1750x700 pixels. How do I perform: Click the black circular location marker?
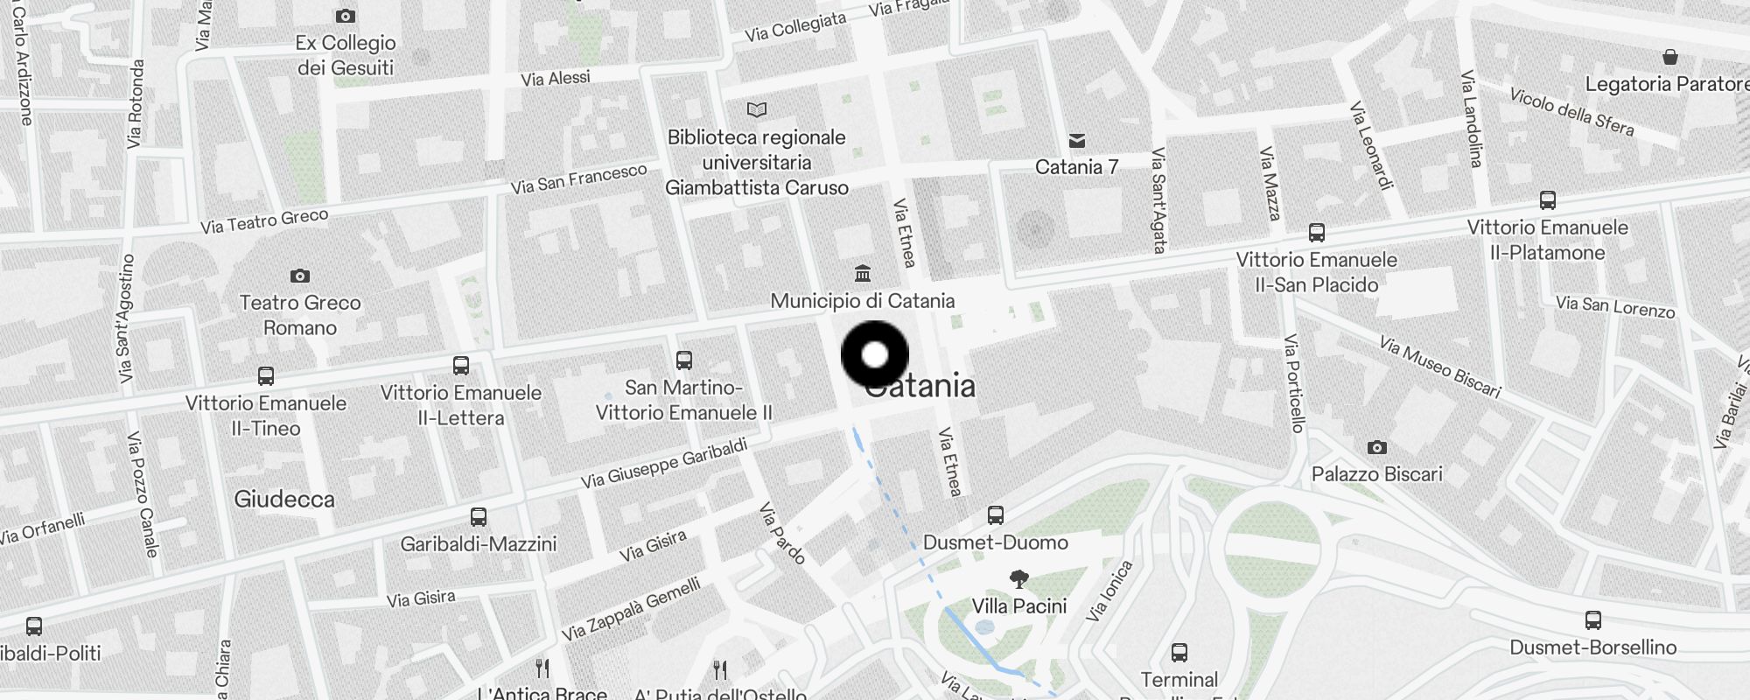click(x=875, y=355)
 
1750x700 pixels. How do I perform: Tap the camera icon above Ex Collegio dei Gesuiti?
click(x=346, y=16)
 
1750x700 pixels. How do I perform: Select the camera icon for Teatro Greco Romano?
click(x=300, y=276)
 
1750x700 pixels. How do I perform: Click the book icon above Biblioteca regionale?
click(x=757, y=109)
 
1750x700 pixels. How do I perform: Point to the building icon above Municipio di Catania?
click(x=863, y=273)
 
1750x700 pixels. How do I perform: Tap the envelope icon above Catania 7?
click(x=1077, y=141)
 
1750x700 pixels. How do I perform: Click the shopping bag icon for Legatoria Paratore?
click(x=1670, y=57)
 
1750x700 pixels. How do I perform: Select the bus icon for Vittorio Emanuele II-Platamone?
click(x=1548, y=200)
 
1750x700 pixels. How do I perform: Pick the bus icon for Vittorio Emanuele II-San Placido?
click(x=1317, y=233)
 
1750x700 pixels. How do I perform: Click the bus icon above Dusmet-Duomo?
click(x=996, y=514)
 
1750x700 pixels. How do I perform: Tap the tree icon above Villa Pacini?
click(x=1019, y=578)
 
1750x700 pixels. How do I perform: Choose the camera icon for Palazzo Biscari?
click(x=1376, y=447)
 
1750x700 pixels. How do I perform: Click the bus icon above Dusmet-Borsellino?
click(x=1593, y=620)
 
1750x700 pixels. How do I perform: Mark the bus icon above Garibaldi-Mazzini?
click(x=479, y=516)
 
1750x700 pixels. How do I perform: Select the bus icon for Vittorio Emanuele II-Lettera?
click(x=461, y=365)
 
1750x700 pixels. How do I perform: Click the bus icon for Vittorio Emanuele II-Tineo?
click(x=266, y=376)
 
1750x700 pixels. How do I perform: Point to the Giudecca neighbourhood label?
click(x=284, y=500)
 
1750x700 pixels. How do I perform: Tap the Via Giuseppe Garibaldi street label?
click(x=664, y=463)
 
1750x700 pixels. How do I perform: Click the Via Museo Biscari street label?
click(x=1440, y=367)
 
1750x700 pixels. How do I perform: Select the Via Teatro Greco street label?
click(x=264, y=220)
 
